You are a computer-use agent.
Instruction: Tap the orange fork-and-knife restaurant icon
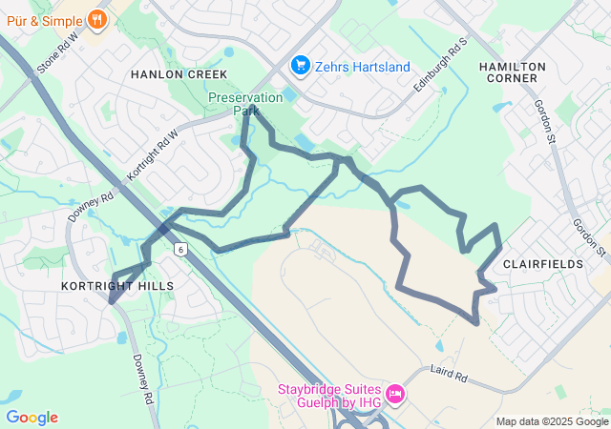(96, 18)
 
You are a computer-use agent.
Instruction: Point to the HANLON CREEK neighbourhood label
(179, 74)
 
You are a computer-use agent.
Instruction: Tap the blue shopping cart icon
(301, 66)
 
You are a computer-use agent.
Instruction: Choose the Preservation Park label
(246, 103)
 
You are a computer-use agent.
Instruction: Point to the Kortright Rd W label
(153, 153)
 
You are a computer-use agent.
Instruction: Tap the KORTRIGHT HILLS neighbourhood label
(116, 286)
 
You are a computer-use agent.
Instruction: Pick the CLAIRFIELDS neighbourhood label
(541, 262)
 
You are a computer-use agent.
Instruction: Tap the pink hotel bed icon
(395, 393)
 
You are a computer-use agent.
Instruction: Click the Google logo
(32, 418)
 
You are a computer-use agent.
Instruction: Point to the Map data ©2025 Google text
(552, 421)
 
